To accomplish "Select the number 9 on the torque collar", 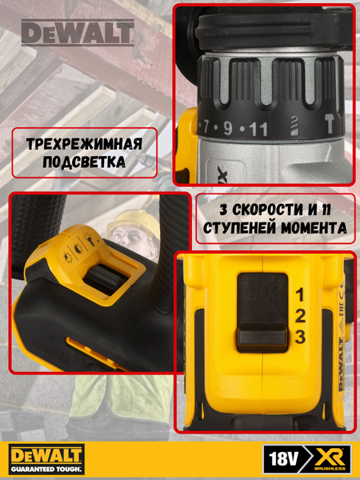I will [229, 127].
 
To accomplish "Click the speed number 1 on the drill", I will [299, 294].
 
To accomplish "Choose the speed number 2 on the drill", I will [299, 315].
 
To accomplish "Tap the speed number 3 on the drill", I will [299, 337].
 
